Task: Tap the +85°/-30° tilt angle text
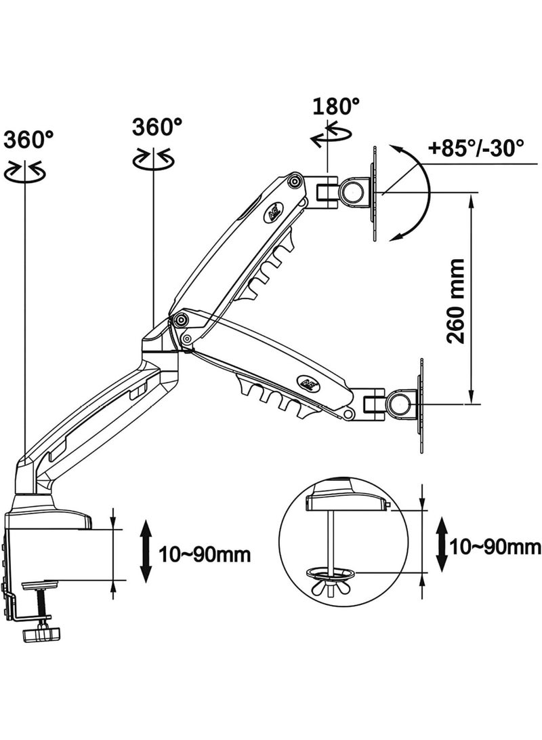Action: click(476, 149)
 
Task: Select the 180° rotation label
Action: click(336, 106)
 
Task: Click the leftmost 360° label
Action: click(28, 140)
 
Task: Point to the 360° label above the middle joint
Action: click(157, 127)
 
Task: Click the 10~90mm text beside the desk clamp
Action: click(205, 553)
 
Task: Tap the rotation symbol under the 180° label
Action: click(331, 136)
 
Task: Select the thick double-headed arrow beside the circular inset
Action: click(441, 544)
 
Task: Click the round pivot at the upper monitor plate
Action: click(353, 191)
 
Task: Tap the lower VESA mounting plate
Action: click(421, 404)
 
